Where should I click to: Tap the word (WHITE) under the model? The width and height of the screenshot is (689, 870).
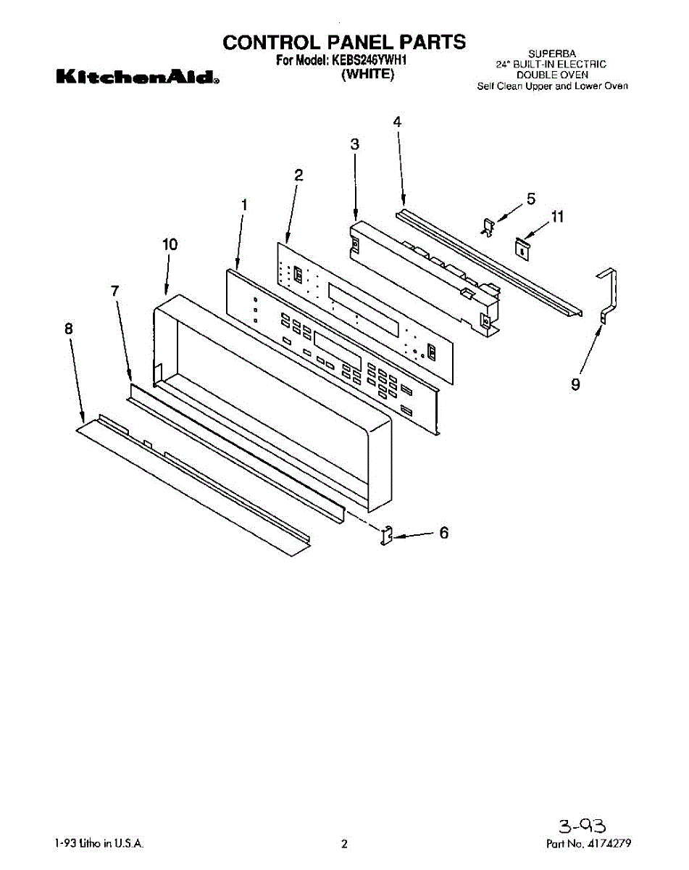point(367,75)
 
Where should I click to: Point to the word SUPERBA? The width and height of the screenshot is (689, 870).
point(551,54)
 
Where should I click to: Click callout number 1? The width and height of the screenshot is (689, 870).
point(244,205)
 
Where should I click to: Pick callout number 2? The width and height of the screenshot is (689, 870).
point(298,174)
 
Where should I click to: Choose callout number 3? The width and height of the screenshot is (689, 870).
point(354,144)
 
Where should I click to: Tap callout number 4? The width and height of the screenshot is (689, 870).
point(397,122)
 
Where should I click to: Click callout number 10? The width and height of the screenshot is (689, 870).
point(169,244)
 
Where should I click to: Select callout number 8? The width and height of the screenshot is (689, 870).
point(68,328)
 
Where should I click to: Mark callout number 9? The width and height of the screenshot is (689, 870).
point(575,385)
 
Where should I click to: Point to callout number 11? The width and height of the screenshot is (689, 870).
point(557,216)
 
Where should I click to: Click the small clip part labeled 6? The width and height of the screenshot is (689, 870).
point(387,535)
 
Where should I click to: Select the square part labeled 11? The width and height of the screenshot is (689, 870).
point(520,247)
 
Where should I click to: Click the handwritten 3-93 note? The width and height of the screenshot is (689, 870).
point(582,825)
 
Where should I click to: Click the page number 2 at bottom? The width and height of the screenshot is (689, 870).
point(345,844)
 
